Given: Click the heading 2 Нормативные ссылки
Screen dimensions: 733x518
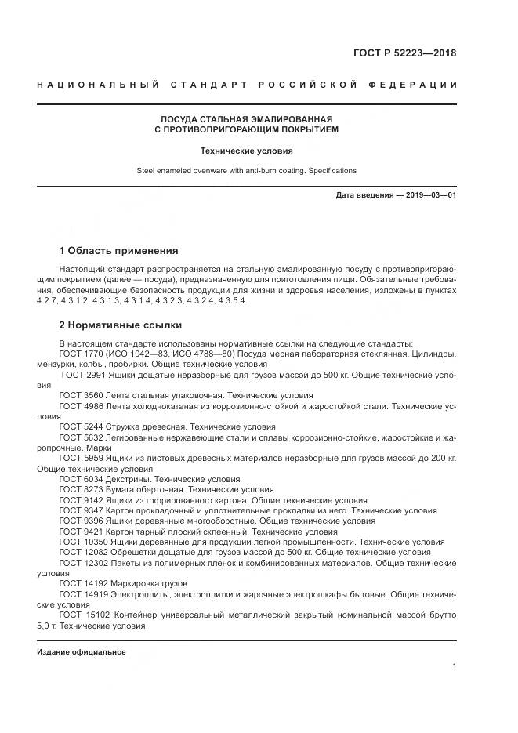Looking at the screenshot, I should pos(120,325).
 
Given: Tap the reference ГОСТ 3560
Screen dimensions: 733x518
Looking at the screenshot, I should pos(82,396).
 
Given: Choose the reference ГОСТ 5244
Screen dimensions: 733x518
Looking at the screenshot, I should pos(82,426).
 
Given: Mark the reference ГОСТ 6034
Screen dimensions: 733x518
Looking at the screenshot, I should pos(82,478).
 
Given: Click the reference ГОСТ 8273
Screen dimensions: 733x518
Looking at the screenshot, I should pos(82,488).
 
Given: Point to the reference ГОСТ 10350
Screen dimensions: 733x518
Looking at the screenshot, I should pos(84,541).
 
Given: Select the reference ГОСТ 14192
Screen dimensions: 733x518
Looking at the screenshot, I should pos(84,582).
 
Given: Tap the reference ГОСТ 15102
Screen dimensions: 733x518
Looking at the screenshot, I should pos(84,614).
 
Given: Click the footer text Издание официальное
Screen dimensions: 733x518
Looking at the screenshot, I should pos(81,652).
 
